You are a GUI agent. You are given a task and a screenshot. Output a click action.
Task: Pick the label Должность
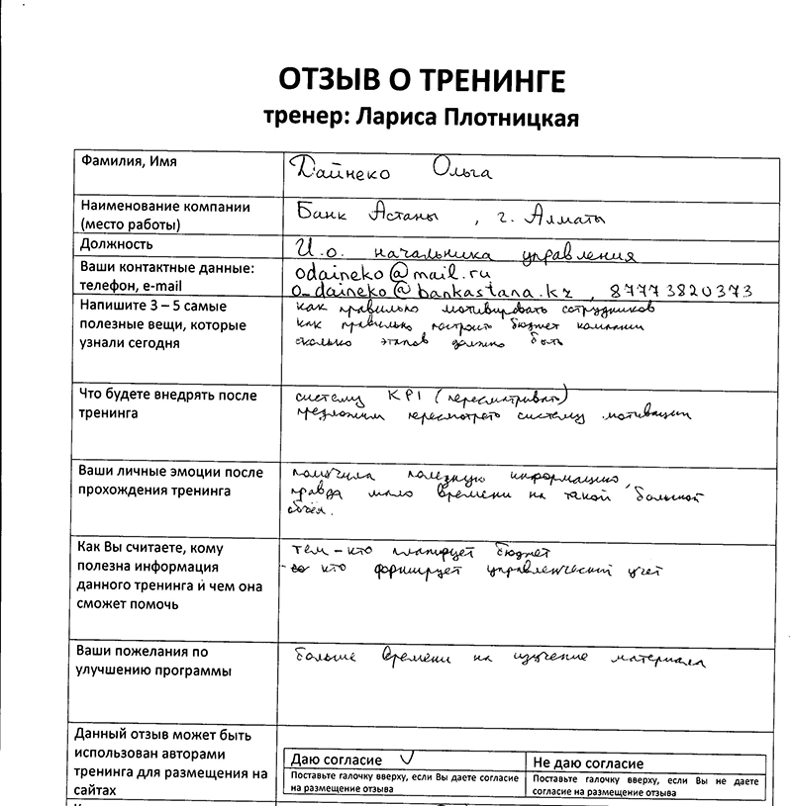(117, 243)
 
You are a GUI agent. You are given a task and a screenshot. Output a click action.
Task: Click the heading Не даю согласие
(588, 762)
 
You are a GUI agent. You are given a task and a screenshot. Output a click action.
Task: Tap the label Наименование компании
(164, 207)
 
